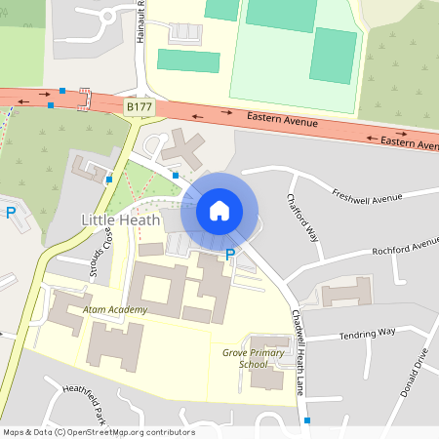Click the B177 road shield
(x=139, y=103)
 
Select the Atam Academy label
(x=115, y=310)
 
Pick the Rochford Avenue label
(x=405, y=246)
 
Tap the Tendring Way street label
(x=366, y=333)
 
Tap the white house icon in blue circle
(x=219, y=211)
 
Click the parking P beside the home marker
(x=230, y=255)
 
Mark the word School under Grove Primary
(x=253, y=364)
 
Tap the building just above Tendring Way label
(x=347, y=291)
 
